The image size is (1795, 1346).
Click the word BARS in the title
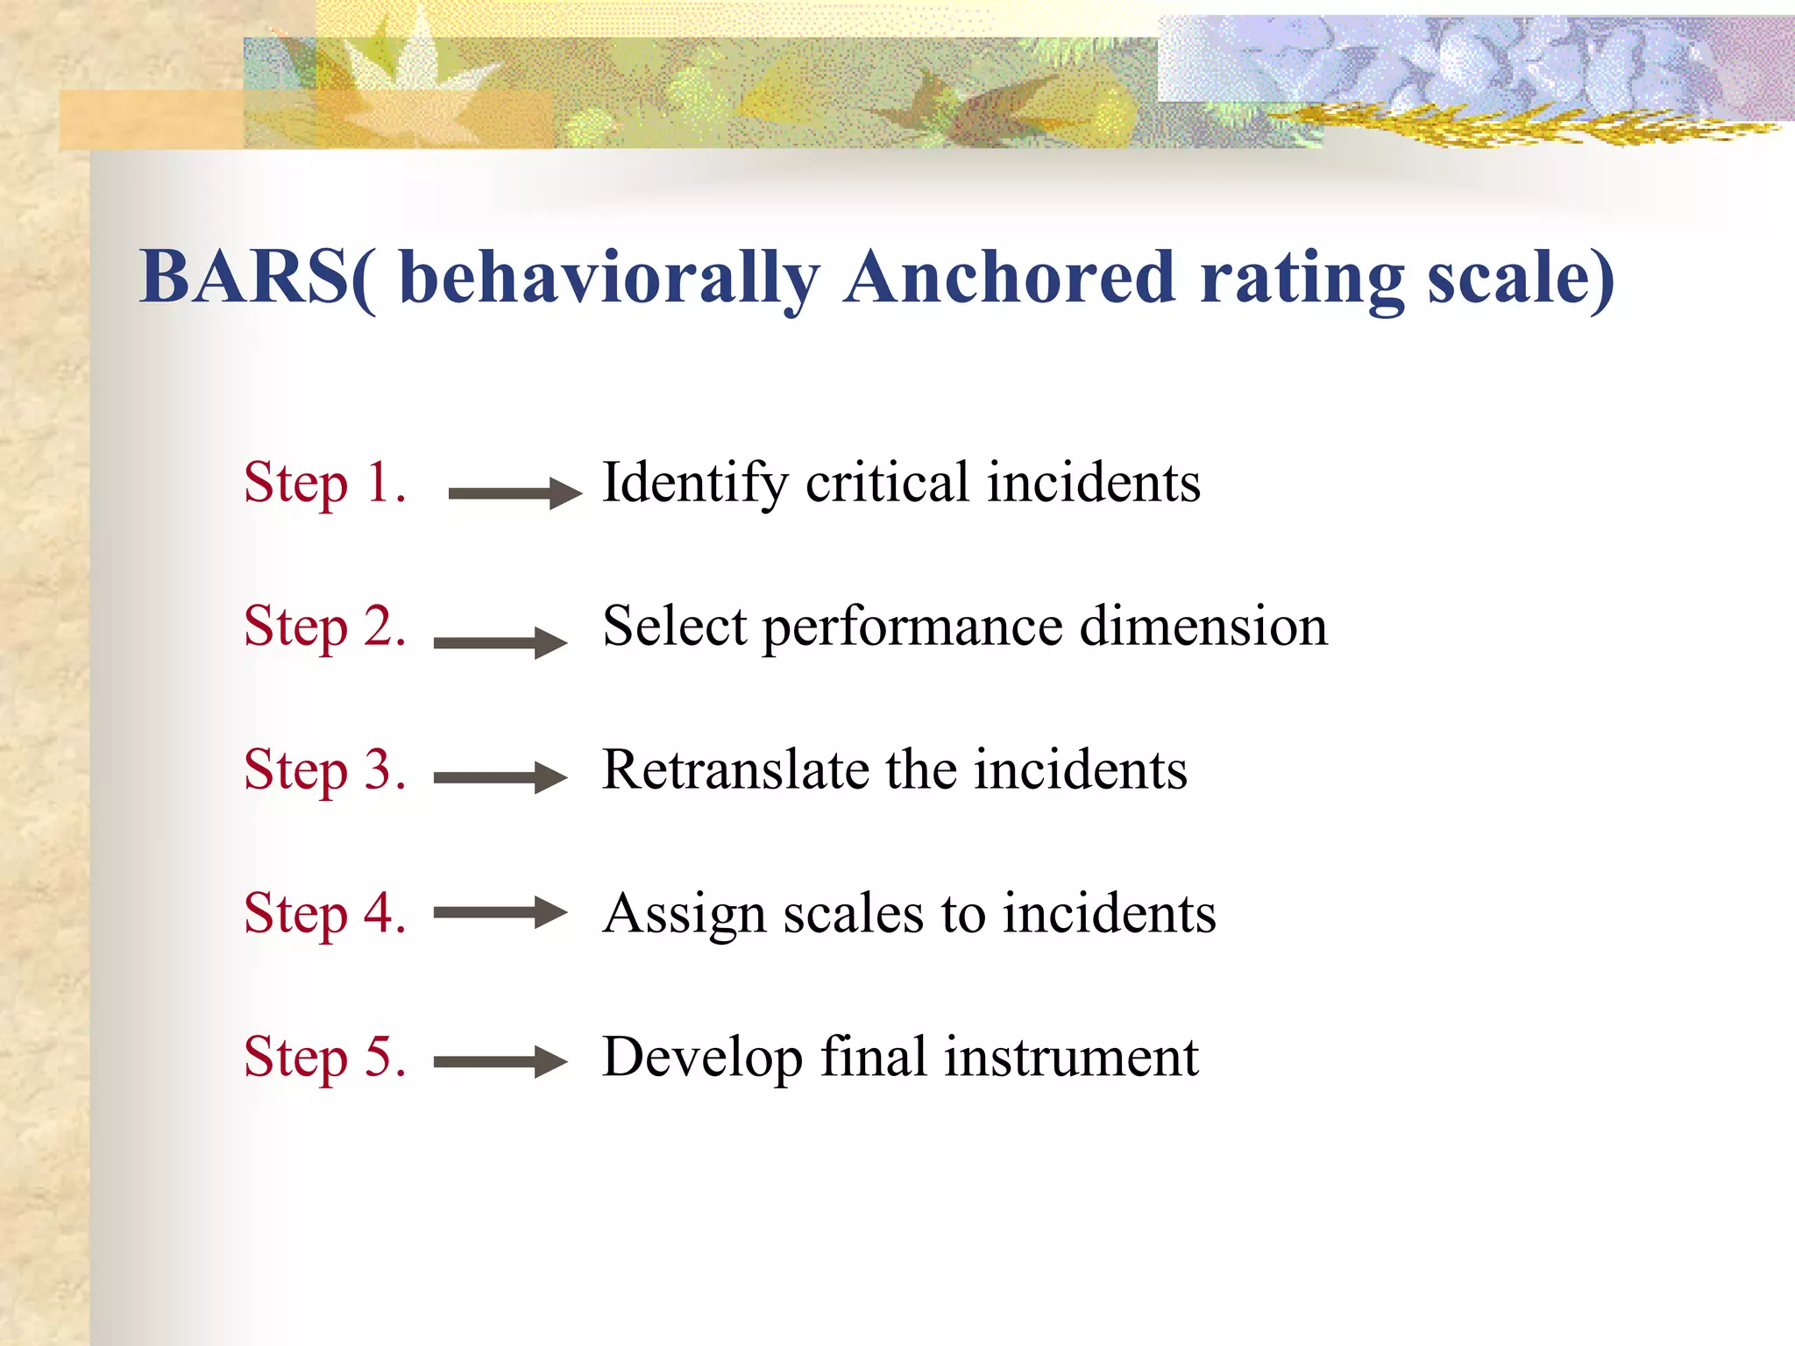point(244,277)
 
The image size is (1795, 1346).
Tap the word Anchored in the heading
point(1008,277)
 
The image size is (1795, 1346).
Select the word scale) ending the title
point(1521,277)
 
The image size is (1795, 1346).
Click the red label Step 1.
point(325,483)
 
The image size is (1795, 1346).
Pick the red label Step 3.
point(325,770)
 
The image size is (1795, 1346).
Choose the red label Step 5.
point(325,1057)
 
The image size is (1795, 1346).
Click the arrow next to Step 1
point(514,493)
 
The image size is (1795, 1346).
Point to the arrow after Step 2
point(500,642)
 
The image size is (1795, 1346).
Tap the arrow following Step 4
point(500,912)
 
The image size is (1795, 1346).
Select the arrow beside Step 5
point(500,1062)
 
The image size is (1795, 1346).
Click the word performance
point(912,628)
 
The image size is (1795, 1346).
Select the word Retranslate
point(735,770)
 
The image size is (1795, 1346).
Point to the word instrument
point(1071,1057)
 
